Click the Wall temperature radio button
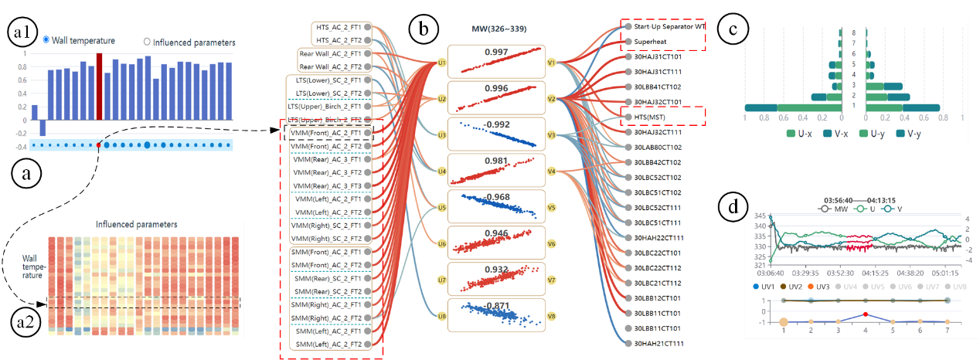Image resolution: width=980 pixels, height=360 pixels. point(47,39)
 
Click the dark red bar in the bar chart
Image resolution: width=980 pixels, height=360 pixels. point(100,70)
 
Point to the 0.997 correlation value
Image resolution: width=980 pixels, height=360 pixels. point(497,52)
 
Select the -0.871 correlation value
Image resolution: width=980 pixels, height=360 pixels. point(497,306)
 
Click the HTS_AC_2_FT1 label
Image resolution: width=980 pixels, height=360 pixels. point(339,27)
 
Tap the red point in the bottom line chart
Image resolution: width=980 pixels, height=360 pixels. point(866,314)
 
